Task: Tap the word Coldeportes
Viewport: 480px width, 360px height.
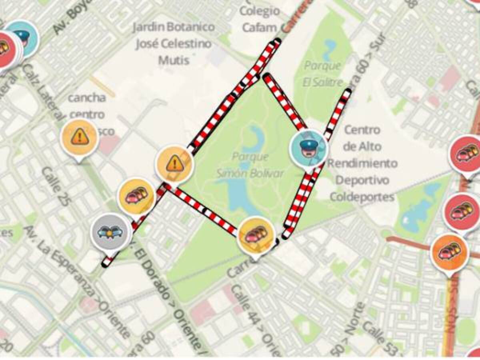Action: (x=362, y=197)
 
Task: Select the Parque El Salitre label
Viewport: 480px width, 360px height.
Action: (x=323, y=74)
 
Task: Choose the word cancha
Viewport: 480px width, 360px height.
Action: (x=87, y=97)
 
